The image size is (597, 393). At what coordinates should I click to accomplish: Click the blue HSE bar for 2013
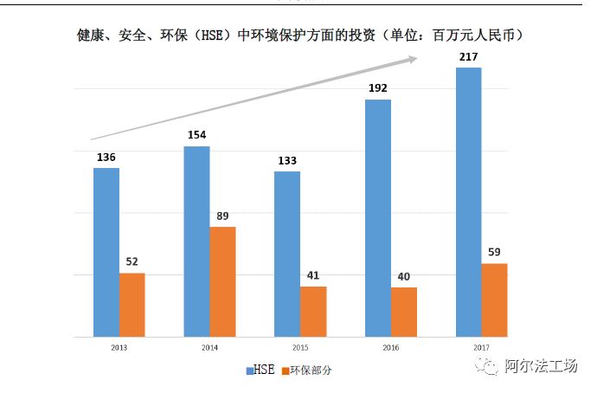pyautogui.click(x=106, y=252)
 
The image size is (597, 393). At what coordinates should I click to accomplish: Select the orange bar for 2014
pyautogui.click(x=222, y=281)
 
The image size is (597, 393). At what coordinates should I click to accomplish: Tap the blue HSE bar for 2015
pyautogui.click(x=287, y=254)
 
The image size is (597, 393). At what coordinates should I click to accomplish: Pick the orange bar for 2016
pyautogui.click(x=404, y=312)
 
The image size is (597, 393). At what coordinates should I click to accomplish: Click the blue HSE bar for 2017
pyautogui.click(x=468, y=202)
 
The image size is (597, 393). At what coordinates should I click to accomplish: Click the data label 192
pyautogui.click(x=377, y=88)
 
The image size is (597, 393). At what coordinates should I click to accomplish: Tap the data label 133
pyautogui.click(x=287, y=161)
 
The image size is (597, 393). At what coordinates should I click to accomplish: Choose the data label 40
pyautogui.click(x=404, y=277)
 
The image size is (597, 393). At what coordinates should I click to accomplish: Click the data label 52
pyautogui.click(x=132, y=262)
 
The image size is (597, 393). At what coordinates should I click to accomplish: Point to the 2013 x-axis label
pyautogui.click(x=119, y=347)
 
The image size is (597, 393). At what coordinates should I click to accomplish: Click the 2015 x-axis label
pyautogui.click(x=300, y=347)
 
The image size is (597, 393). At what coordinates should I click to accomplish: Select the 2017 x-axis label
pyautogui.click(x=481, y=347)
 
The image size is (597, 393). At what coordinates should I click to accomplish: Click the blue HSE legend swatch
pyautogui.click(x=250, y=370)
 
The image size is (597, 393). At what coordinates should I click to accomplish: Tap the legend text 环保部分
pyautogui.click(x=311, y=370)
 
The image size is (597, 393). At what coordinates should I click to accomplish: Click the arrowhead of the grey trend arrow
pyautogui.click(x=413, y=59)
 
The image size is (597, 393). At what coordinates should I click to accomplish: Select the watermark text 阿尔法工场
pyautogui.click(x=541, y=367)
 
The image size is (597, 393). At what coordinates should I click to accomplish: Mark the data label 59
pyautogui.click(x=495, y=253)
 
